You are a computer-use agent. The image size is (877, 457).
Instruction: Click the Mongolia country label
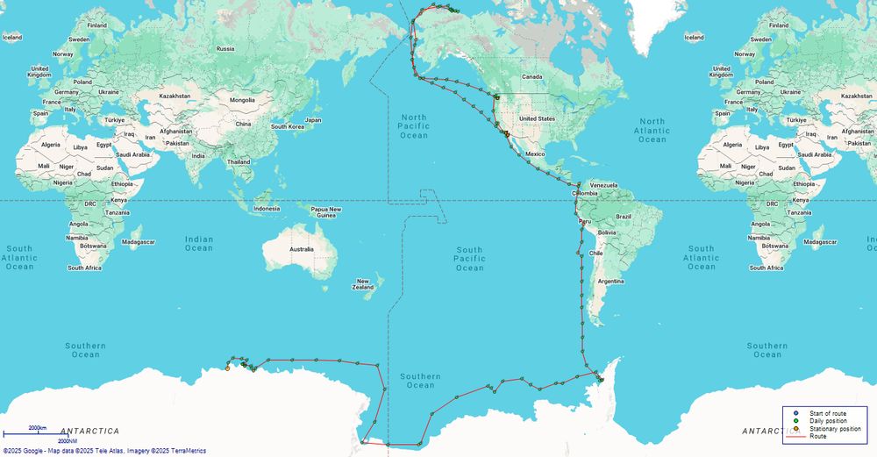[242, 100]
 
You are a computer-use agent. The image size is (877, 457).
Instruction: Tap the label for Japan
[313, 120]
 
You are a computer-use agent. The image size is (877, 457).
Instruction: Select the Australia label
[302, 249]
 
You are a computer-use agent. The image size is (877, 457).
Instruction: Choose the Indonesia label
[267, 208]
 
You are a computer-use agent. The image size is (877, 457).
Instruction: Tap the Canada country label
[532, 76]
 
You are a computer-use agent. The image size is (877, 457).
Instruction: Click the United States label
[537, 118]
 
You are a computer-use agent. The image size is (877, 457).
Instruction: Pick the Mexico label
[535, 154]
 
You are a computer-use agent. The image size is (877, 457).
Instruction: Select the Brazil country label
[624, 216]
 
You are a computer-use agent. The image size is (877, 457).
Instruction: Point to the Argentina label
[610, 281]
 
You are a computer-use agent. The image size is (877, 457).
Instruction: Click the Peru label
[584, 222]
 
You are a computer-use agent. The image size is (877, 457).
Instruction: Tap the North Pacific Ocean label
[414, 126]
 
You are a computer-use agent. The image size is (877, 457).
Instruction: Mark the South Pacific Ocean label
[469, 259]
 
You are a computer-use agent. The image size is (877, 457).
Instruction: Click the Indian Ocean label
[199, 243]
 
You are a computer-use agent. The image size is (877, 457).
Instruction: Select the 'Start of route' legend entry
[828, 413]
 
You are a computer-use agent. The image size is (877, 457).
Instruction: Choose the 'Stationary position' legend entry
[835, 429]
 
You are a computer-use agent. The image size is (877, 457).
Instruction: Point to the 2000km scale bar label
[37, 428]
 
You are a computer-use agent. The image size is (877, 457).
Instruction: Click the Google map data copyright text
[104, 451]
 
